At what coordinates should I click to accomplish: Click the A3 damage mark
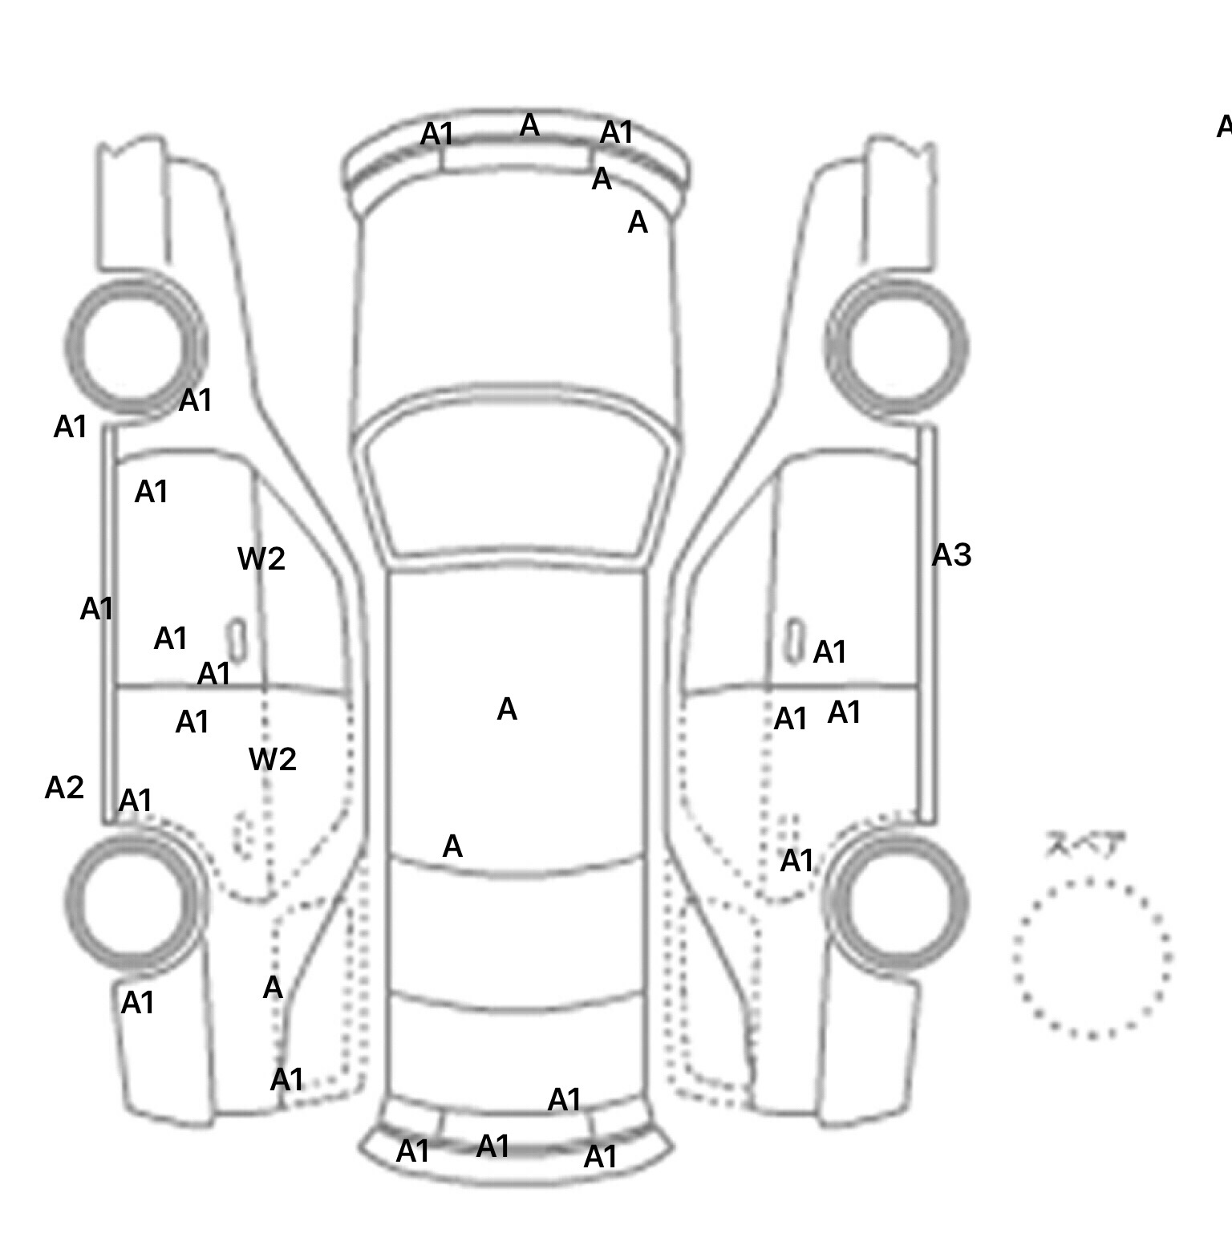(951, 555)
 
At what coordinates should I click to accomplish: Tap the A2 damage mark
(64, 788)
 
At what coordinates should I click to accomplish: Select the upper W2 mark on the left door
(261, 559)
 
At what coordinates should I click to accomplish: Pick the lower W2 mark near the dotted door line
(273, 759)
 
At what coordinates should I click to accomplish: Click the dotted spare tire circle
(1092, 958)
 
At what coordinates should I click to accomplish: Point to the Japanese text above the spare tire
(1085, 845)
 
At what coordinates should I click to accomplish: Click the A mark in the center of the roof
(507, 709)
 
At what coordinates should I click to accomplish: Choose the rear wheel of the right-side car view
(895, 900)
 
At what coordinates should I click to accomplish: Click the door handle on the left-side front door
(237, 639)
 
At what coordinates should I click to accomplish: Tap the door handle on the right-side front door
(794, 639)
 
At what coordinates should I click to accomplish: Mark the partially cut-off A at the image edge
(1224, 127)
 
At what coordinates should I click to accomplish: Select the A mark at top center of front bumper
(529, 125)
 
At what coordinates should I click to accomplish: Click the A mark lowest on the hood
(638, 222)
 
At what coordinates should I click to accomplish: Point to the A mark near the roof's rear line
(452, 846)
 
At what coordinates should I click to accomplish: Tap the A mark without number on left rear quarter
(273, 988)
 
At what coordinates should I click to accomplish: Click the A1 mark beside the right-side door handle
(829, 652)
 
